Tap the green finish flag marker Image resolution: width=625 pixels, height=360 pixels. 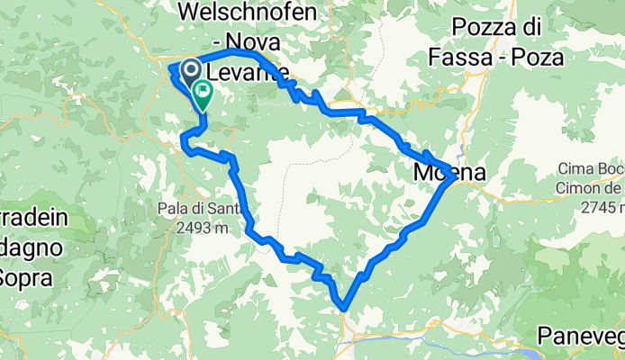pyautogui.click(x=202, y=92)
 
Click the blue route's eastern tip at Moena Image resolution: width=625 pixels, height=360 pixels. pyautogui.click(x=453, y=176)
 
